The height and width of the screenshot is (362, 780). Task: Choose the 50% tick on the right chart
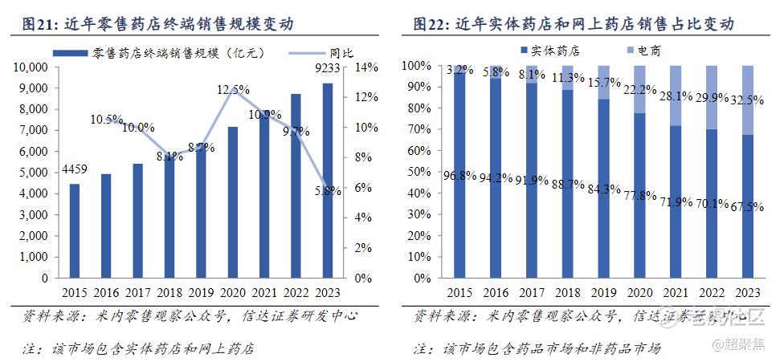[424, 172]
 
